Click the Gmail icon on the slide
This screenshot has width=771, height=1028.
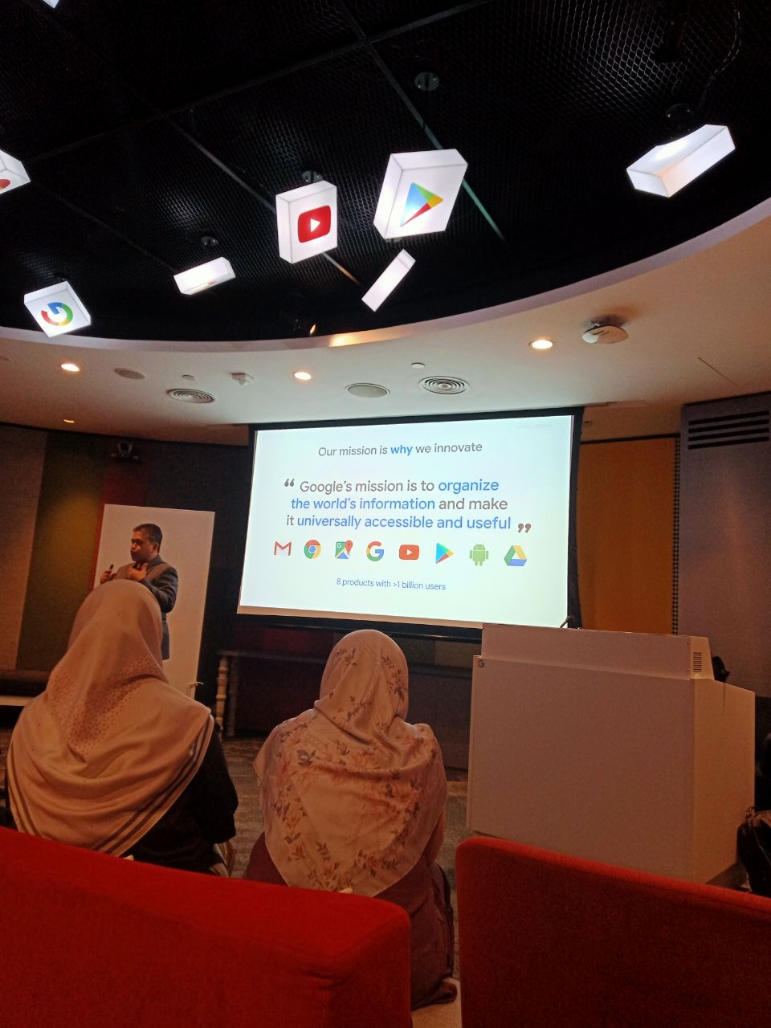tap(283, 549)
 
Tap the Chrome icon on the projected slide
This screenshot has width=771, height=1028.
tap(312, 549)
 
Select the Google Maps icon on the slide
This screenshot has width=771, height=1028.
tap(344, 550)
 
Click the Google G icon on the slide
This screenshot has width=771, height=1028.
tap(375, 551)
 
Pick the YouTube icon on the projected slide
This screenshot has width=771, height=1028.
tap(409, 553)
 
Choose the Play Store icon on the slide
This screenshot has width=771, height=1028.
tap(444, 553)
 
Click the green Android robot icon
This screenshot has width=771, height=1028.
tap(479, 554)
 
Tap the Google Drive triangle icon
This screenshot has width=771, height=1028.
tap(516, 556)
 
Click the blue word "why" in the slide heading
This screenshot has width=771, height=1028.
tap(402, 450)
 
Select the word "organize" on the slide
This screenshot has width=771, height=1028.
tap(468, 486)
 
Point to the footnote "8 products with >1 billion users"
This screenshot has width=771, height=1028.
tap(391, 584)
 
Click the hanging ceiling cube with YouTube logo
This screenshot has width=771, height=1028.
tap(307, 222)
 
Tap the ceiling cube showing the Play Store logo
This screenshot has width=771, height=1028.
tap(420, 194)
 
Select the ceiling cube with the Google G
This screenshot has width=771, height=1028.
tap(57, 308)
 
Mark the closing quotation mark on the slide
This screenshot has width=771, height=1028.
tap(524, 528)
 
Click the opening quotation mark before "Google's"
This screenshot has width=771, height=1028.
tap(289, 483)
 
